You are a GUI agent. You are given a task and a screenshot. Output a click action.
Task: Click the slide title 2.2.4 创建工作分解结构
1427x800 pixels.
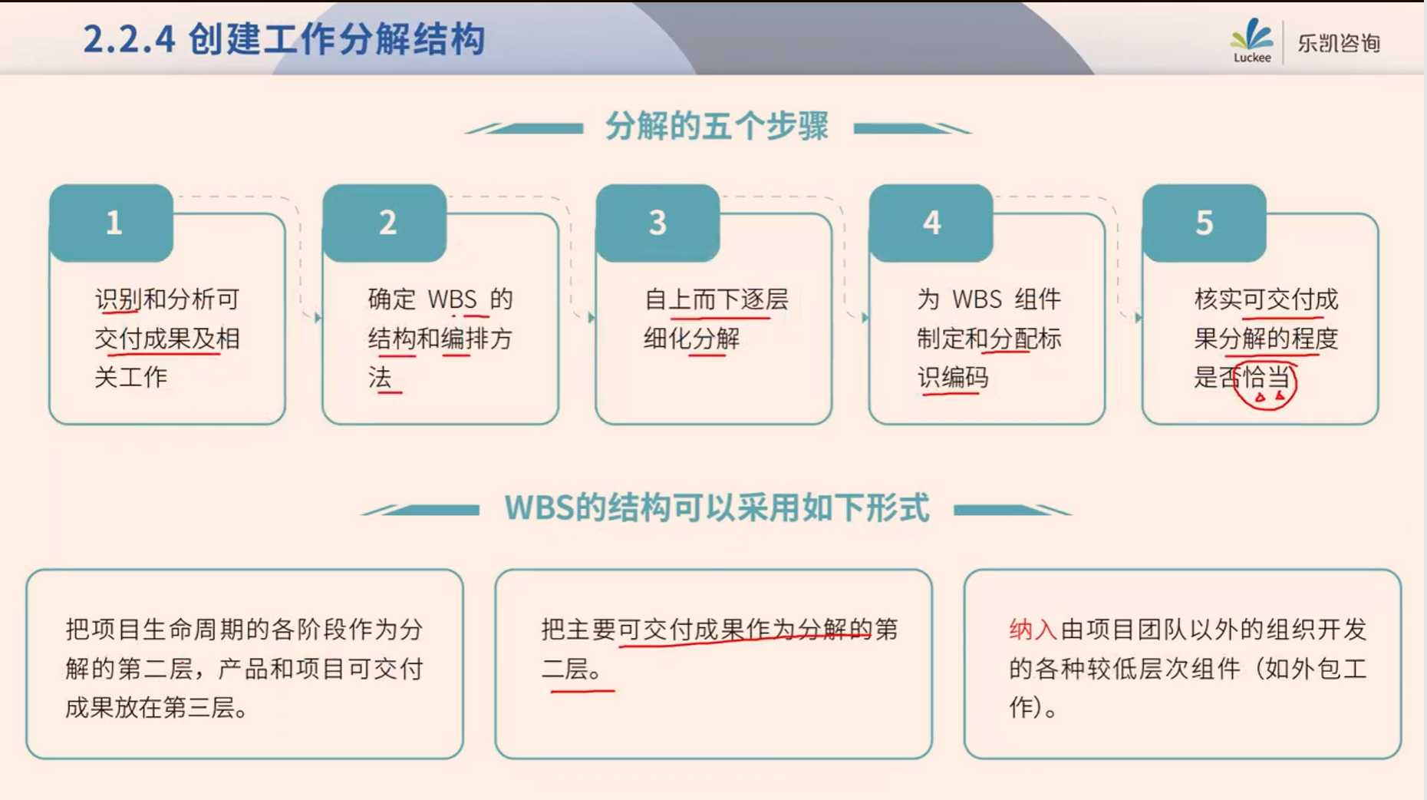coord(284,39)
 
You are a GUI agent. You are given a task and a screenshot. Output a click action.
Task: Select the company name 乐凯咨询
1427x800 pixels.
coord(1339,43)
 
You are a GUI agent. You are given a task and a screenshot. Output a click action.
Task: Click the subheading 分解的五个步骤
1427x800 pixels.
coord(717,126)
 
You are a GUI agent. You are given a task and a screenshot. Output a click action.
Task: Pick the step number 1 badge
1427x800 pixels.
coord(111,223)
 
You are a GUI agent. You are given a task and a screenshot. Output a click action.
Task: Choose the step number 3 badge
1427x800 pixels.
coord(657,223)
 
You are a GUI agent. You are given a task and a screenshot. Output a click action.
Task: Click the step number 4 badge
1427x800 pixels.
coord(931,223)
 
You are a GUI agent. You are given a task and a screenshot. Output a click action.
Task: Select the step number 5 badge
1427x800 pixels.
coord(1204,223)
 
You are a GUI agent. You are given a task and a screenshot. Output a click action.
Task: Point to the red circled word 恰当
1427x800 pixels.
coord(1266,377)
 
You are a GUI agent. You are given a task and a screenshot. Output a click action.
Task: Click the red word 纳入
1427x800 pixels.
coord(1033,630)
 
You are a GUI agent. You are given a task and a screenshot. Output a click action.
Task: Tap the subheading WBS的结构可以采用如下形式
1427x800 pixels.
coord(717,507)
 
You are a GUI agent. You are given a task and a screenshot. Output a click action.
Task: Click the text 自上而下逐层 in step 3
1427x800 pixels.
coord(716,299)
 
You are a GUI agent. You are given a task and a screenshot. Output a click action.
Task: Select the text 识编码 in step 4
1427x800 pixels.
coord(953,377)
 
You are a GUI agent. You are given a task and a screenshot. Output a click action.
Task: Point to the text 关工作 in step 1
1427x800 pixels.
coord(130,377)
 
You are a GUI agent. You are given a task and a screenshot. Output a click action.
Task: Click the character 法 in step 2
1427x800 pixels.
coord(380,377)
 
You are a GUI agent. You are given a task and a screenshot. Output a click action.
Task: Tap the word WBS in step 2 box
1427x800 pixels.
coord(452,299)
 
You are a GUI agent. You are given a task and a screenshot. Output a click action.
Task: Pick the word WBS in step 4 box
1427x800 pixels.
coord(977,299)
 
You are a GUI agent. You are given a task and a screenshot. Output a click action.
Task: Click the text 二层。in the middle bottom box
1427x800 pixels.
coord(572,669)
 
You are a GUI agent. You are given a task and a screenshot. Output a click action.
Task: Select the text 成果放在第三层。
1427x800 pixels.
coord(157,707)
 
